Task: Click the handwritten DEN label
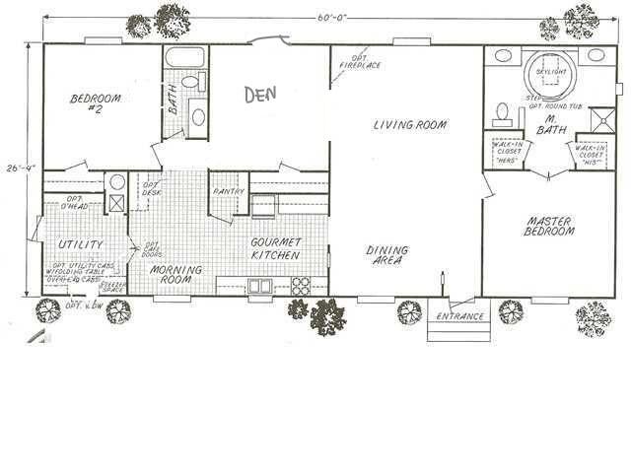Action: pyautogui.click(x=260, y=95)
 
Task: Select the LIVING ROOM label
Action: pyautogui.click(x=410, y=125)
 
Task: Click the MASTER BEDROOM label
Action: pyautogui.click(x=549, y=226)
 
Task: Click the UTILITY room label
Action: pyautogui.click(x=80, y=244)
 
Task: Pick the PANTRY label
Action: pyautogui.click(x=228, y=191)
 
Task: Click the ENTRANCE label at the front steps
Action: pyautogui.click(x=460, y=316)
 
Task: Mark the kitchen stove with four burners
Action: pyautogui.click(x=301, y=286)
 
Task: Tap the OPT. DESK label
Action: pyautogui.click(x=152, y=188)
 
